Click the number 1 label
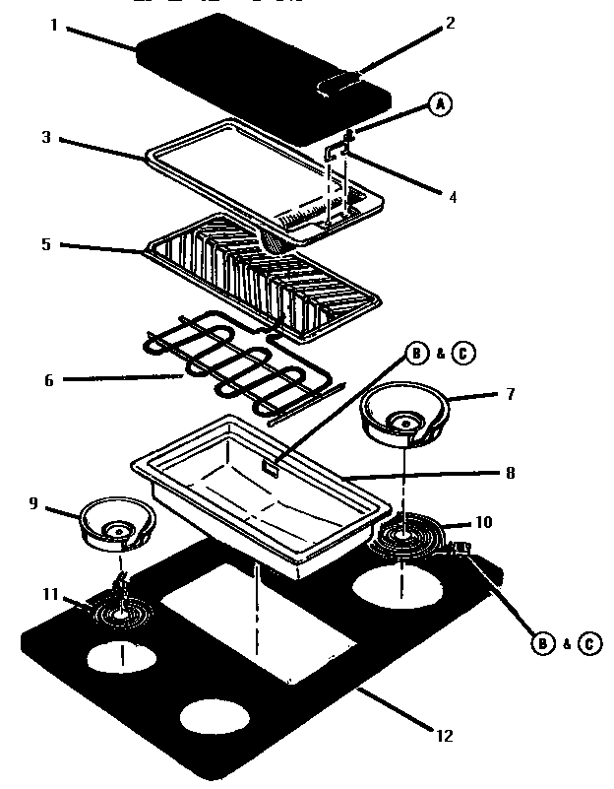pos(54,25)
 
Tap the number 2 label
pos(450,24)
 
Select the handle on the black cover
pos(339,85)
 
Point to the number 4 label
pos(453,196)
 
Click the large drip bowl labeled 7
pos(403,414)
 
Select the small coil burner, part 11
pos(122,616)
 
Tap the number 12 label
pos(443,735)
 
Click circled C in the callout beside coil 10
pos(588,644)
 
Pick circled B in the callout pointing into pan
pos(416,353)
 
